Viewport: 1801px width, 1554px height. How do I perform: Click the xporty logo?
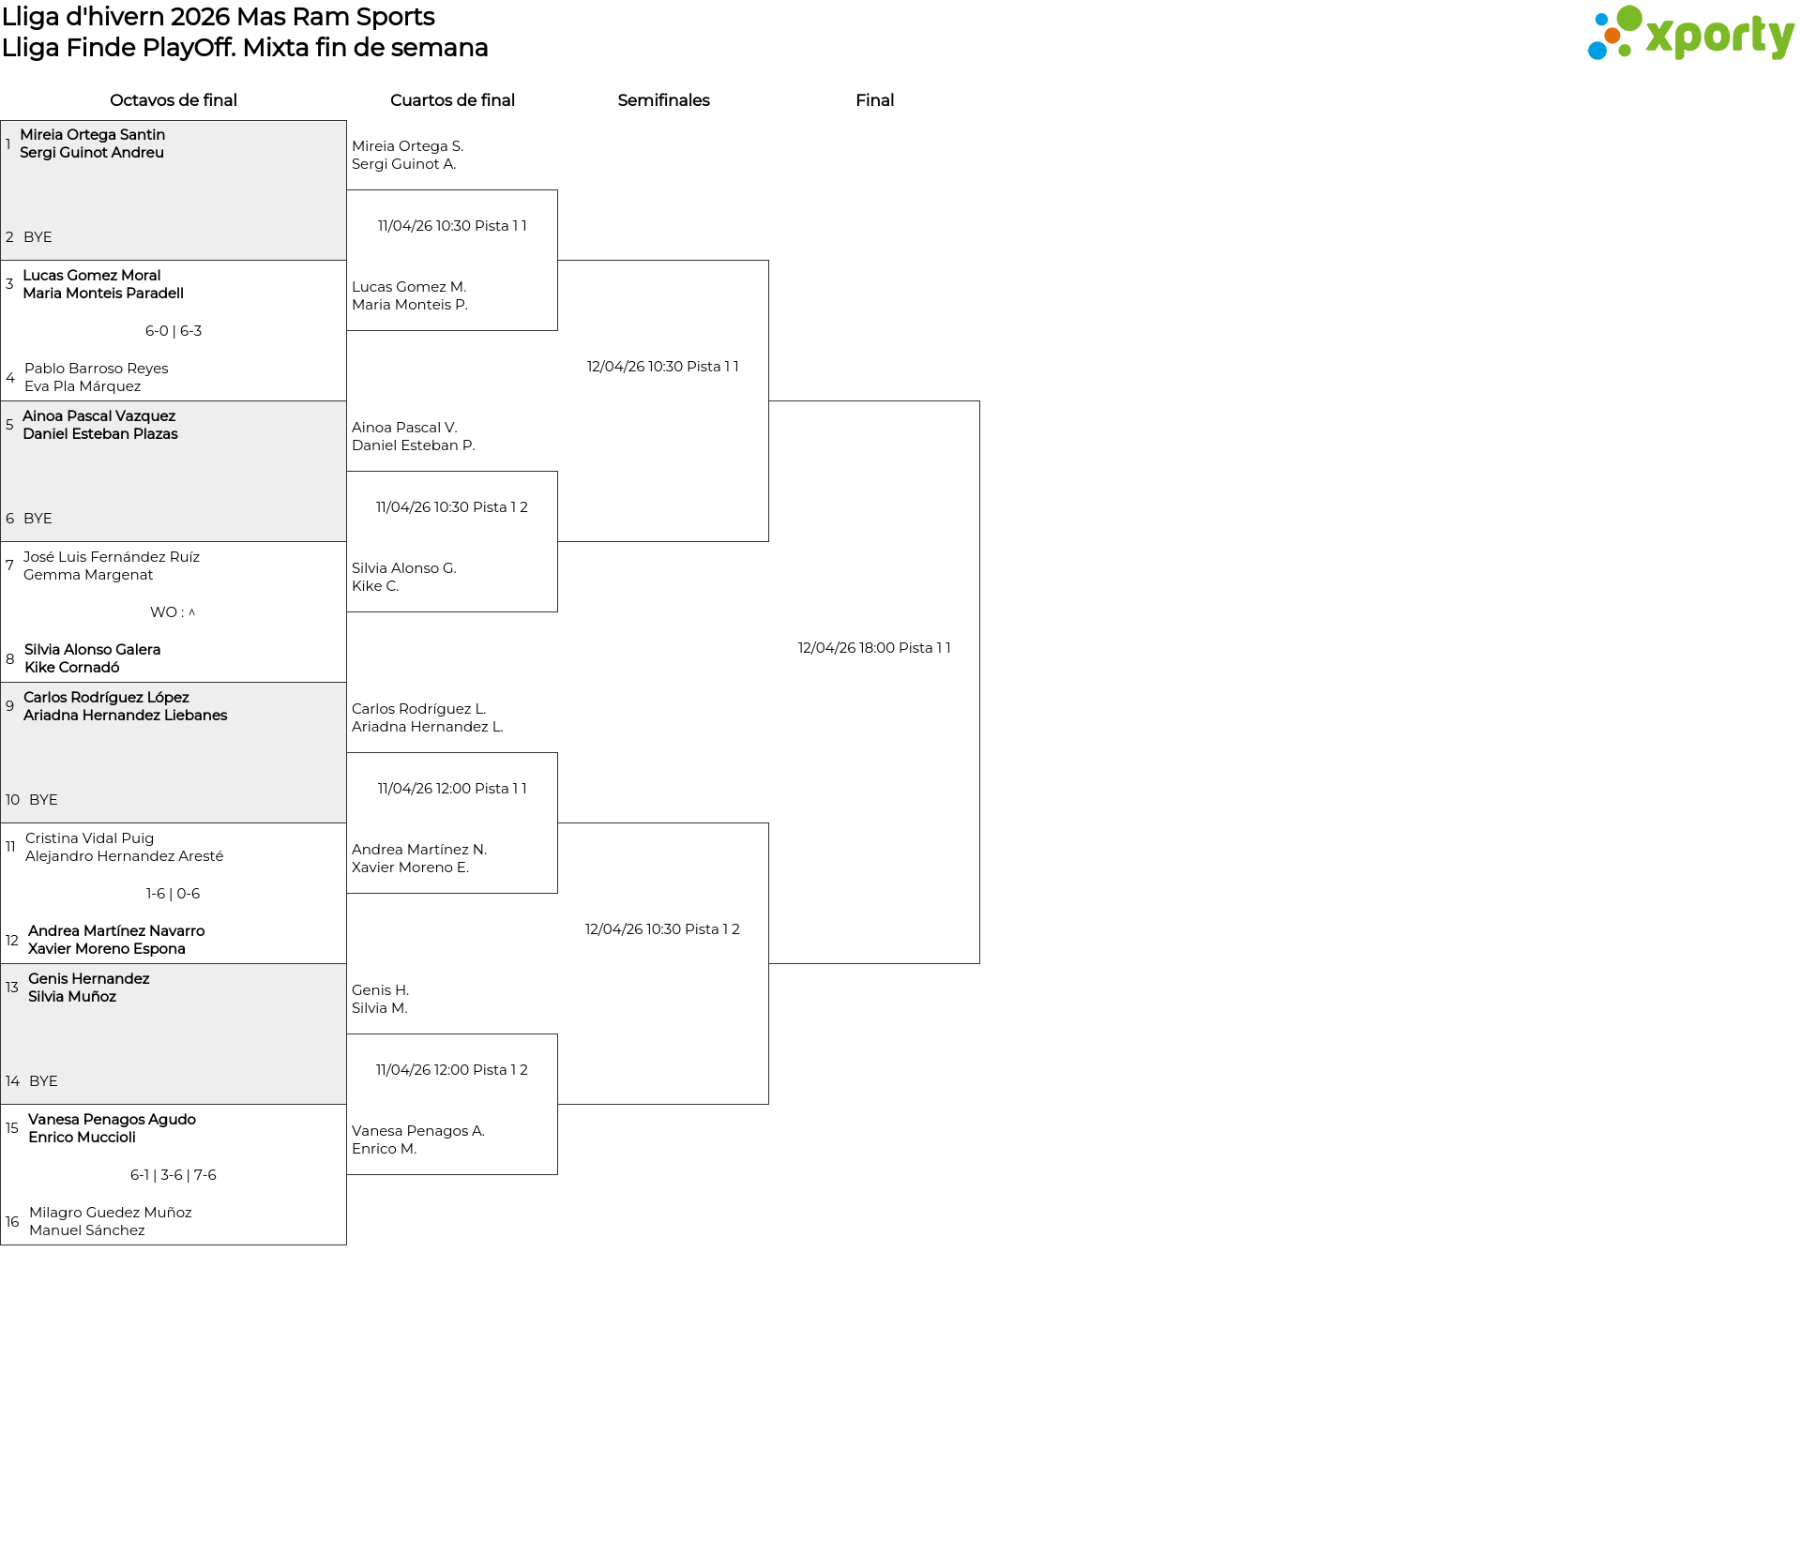tap(1690, 34)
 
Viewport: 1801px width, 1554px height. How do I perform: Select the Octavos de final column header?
tap(174, 100)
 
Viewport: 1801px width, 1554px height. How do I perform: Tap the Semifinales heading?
tap(663, 100)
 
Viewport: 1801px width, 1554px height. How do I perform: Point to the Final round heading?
tap(874, 100)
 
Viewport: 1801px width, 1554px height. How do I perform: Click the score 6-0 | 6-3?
tap(174, 331)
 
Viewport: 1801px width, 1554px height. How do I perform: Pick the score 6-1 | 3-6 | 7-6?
tap(174, 1175)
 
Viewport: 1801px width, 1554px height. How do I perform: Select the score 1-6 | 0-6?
tap(174, 894)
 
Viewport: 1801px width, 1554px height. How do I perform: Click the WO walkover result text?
tap(174, 612)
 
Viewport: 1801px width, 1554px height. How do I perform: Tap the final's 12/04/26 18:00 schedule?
tap(874, 648)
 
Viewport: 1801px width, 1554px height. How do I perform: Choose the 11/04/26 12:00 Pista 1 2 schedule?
tap(452, 1070)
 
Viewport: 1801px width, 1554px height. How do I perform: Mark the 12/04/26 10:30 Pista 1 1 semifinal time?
tap(663, 367)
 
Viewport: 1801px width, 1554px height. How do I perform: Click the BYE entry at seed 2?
tap(38, 237)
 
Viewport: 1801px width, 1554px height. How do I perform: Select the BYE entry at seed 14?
tap(43, 1081)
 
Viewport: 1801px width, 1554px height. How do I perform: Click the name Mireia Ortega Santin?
tap(93, 135)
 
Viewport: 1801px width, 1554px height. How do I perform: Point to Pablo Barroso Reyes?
tap(97, 369)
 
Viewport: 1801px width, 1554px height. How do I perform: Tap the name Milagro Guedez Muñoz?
tap(111, 1213)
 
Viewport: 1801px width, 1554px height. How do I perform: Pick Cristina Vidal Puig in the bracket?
tap(90, 838)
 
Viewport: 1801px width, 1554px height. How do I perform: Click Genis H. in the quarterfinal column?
tap(381, 990)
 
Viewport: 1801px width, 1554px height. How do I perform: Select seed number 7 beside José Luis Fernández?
tap(9, 566)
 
